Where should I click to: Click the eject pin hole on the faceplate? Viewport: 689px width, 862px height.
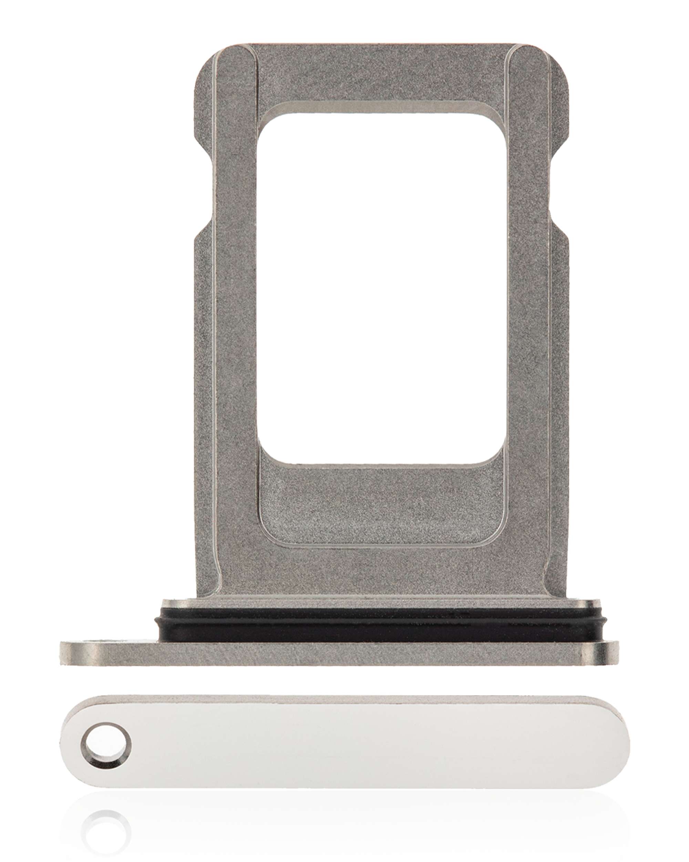pos(105,736)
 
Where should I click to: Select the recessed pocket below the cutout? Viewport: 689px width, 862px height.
pos(379,500)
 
